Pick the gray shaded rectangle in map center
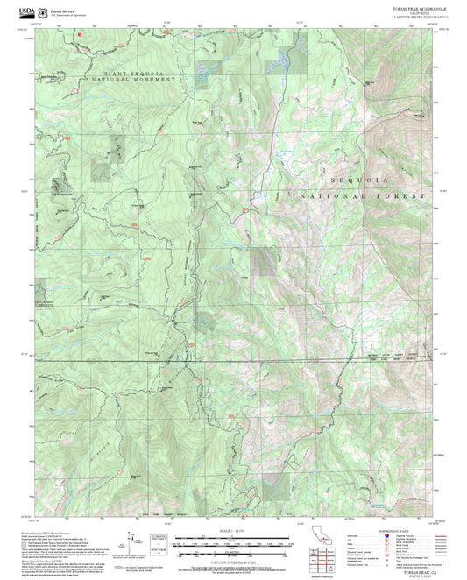(262, 261)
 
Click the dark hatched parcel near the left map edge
(59, 185)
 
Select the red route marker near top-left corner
(78, 33)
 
